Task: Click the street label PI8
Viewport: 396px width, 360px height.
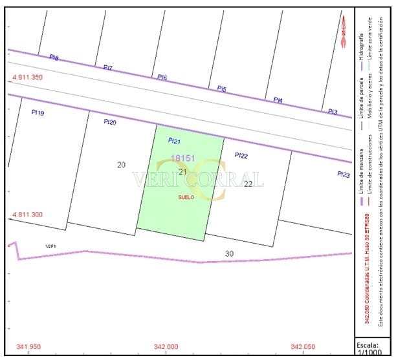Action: (54, 58)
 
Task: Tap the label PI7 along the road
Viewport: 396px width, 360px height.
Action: (107, 68)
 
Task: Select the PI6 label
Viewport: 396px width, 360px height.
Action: (162, 78)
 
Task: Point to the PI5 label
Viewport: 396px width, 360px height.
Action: (221, 89)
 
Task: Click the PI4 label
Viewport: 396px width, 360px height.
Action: (278, 100)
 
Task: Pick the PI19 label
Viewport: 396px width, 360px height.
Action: (38, 112)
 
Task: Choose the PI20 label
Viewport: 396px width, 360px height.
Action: (110, 122)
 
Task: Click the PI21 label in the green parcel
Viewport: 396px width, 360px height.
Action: (174, 141)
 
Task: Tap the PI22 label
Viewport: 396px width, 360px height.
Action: (241, 155)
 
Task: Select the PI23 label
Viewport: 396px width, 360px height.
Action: (343, 175)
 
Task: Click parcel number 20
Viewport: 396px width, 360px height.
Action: (121, 165)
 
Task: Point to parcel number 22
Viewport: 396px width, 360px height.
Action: (248, 184)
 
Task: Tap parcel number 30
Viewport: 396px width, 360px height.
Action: (229, 253)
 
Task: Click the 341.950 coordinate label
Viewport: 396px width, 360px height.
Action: (29, 346)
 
